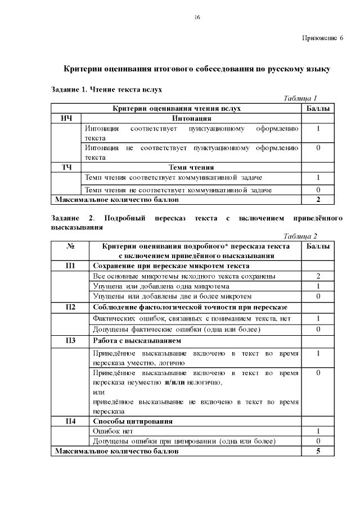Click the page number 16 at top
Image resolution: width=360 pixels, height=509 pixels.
[x=197, y=17]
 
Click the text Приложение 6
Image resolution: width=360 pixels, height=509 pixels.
[x=322, y=38]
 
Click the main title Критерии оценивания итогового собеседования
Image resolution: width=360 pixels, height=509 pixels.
[x=197, y=70]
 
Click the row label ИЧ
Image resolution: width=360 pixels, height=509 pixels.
[x=66, y=119]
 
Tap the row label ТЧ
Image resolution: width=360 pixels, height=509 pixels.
[x=66, y=167]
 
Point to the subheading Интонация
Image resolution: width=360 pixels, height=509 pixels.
[x=191, y=119]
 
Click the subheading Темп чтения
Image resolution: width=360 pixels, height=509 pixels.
[x=191, y=167]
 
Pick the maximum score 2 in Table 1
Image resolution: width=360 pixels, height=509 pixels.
[x=318, y=199]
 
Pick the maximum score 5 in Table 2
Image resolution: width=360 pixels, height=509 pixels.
[x=318, y=451]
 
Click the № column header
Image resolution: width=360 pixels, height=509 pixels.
[x=71, y=246]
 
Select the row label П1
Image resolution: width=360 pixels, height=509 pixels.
[x=71, y=265]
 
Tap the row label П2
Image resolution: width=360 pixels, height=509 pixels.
[x=71, y=307]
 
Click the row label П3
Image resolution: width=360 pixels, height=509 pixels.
[x=71, y=340]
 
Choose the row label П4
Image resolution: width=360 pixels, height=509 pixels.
[x=71, y=421]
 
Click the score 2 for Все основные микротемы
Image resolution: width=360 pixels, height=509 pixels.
[x=318, y=276]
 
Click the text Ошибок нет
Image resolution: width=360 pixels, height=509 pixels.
[x=112, y=431]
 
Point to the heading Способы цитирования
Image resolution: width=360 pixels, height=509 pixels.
[x=132, y=421]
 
